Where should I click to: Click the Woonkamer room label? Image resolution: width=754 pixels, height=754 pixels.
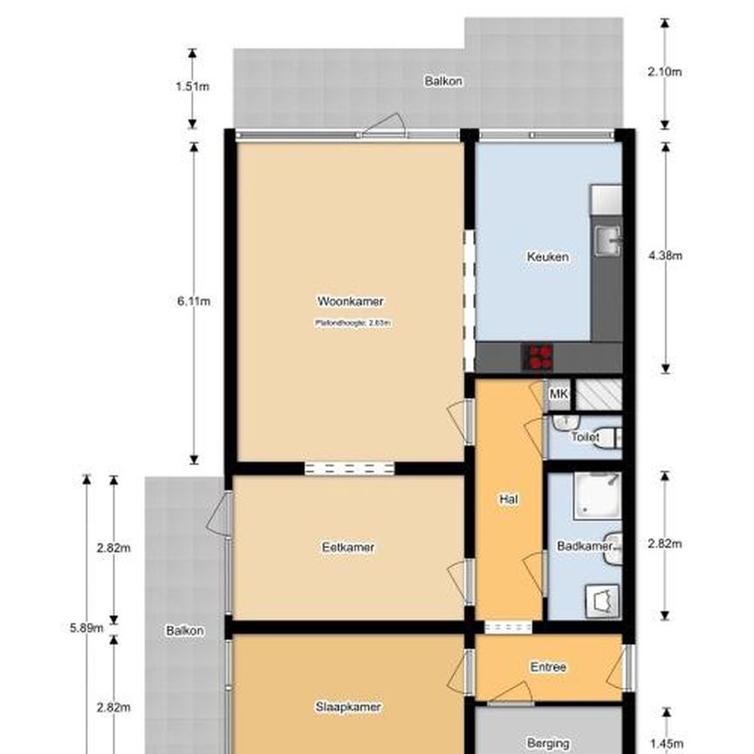pos(350,302)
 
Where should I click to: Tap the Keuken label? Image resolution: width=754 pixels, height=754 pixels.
pos(548,257)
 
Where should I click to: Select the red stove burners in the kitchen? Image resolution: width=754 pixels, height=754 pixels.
pos(539,356)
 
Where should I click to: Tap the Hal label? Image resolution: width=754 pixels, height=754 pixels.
pos(509,499)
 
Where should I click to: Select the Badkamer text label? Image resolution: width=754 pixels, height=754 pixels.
pos(584,546)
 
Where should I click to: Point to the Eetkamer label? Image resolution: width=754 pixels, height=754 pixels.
pos(348,547)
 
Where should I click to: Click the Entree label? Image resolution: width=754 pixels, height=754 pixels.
pos(548,668)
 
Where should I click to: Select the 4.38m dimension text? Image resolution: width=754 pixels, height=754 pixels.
pos(665,256)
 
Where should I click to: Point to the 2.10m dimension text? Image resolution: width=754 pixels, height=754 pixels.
pos(665,72)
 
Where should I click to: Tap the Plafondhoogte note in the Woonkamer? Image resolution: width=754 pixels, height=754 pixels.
pos(352,323)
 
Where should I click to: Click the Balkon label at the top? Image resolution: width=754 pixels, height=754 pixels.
pos(443,81)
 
